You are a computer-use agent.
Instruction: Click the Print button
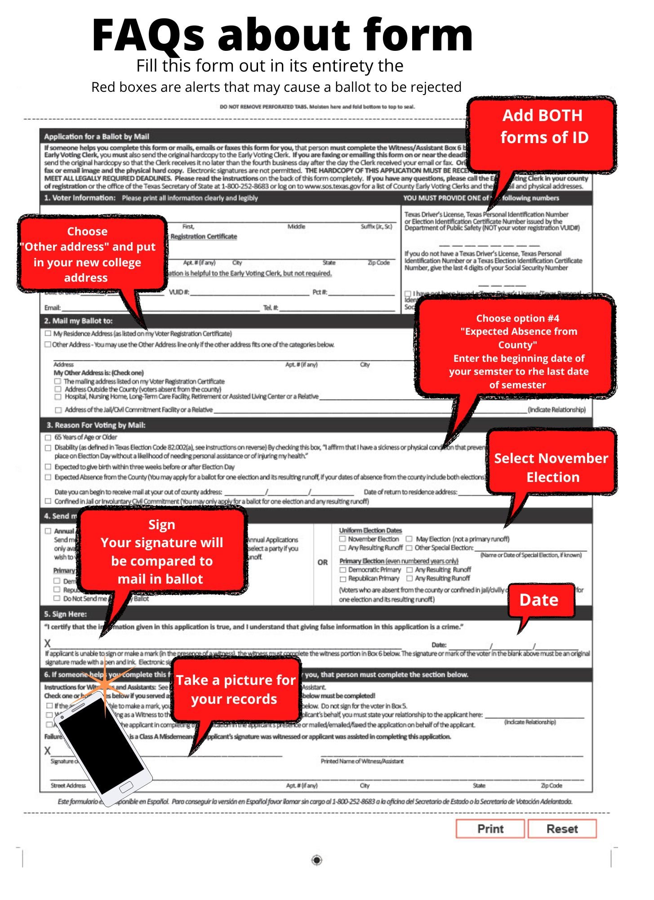(x=490, y=828)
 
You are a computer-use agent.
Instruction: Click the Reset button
(x=562, y=828)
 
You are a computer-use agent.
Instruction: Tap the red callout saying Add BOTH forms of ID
(x=543, y=127)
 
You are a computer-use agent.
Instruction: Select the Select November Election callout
(x=552, y=467)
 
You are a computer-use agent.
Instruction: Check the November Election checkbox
(x=343, y=539)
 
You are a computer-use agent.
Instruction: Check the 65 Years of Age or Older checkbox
(x=48, y=437)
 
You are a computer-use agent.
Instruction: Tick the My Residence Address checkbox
(x=48, y=333)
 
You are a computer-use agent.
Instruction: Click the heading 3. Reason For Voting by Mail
(x=96, y=425)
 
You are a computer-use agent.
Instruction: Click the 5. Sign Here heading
(x=66, y=614)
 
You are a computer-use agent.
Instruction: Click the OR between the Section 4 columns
(x=322, y=562)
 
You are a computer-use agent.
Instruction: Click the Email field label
(x=52, y=308)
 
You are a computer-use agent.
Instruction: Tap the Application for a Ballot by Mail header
(x=97, y=136)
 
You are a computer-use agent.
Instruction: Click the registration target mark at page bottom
(x=316, y=860)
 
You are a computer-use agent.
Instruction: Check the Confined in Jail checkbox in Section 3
(x=48, y=501)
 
